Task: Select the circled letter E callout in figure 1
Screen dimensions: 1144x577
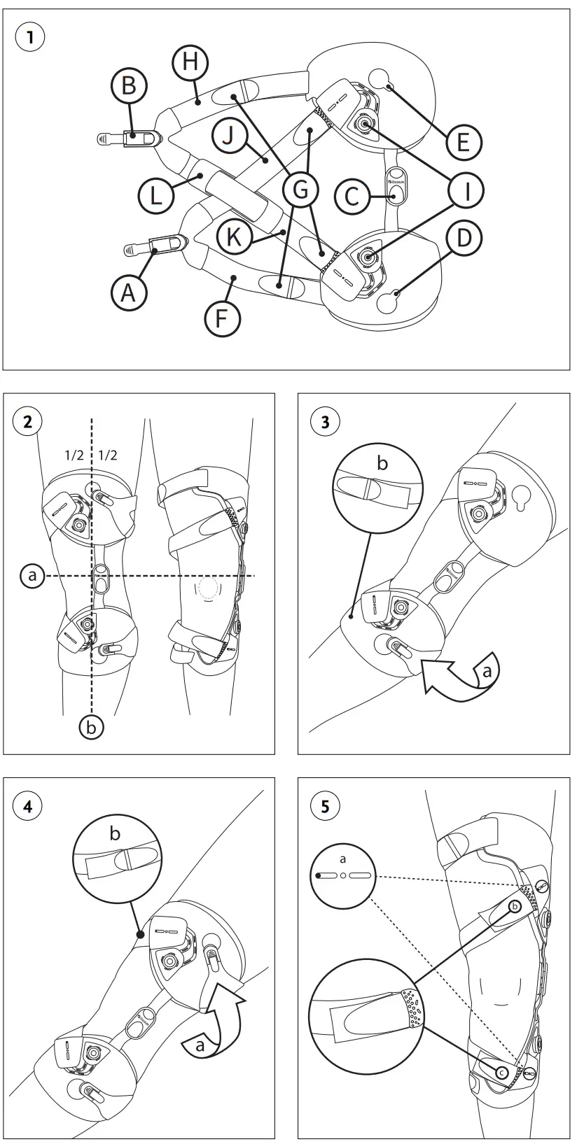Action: coord(463,143)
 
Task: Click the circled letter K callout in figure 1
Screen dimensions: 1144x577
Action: coord(233,236)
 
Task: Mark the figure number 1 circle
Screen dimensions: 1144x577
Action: coord(29,37)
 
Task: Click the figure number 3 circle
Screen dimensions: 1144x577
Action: coord(325,421)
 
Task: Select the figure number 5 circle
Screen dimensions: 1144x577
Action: coord(325,806)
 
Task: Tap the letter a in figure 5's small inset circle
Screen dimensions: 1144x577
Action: coord(343,859)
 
